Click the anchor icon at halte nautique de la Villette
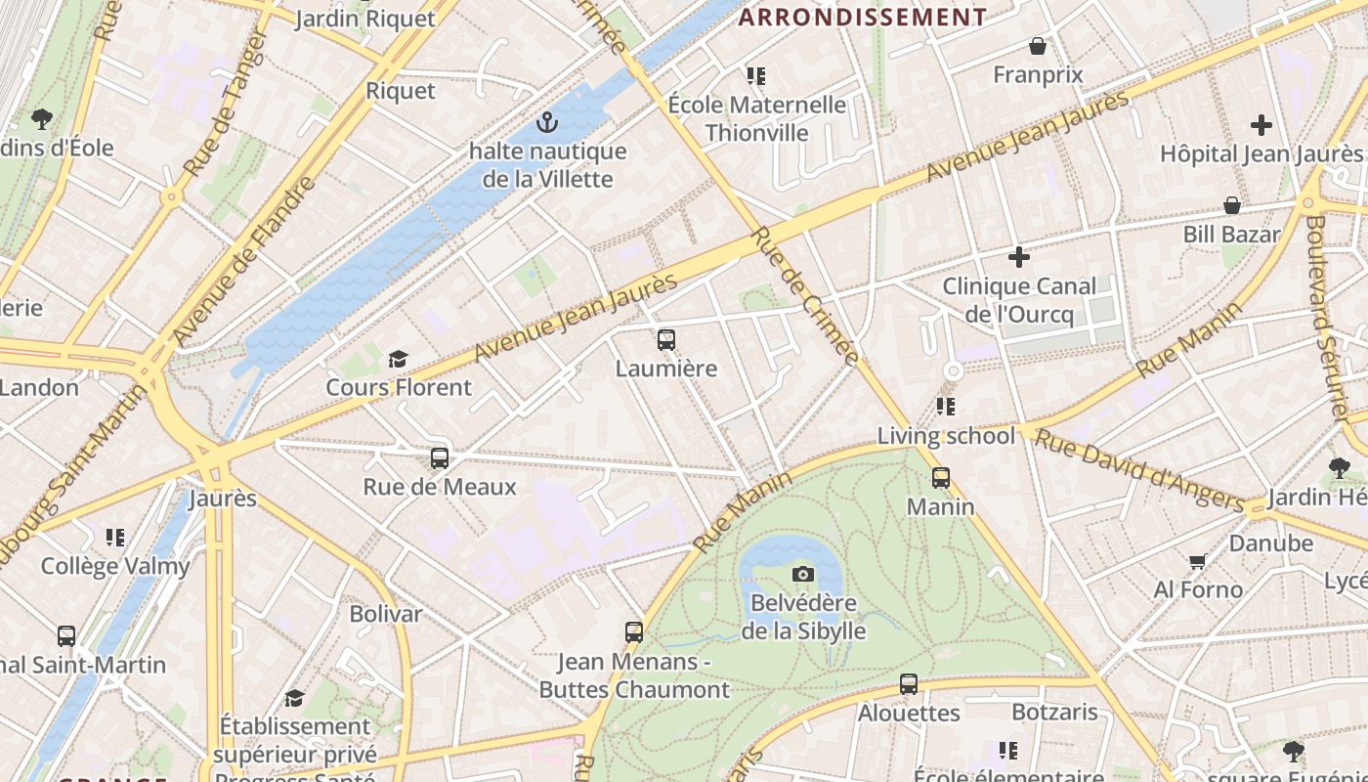tap(547, 123)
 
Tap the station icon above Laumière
tap(666, 340)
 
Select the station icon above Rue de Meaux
tap(440, 457)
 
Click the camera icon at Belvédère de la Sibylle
tap(803, 574)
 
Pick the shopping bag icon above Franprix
tap(1038, 46)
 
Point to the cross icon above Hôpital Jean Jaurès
tap(1261, 125)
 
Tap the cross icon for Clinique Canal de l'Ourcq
tap(1019, 257)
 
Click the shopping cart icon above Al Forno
tap(1198, 561)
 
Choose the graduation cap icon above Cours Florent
tap(398, 359)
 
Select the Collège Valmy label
tap(115, 566)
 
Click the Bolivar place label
tap(386, 614)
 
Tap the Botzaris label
tap(1055, 712)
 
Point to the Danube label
tap(1271, 543)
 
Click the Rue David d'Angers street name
tap(1138, 469)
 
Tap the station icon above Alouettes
tap(909, 684)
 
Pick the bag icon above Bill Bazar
tap(1232, 205)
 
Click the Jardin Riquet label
tap(364, 19)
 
